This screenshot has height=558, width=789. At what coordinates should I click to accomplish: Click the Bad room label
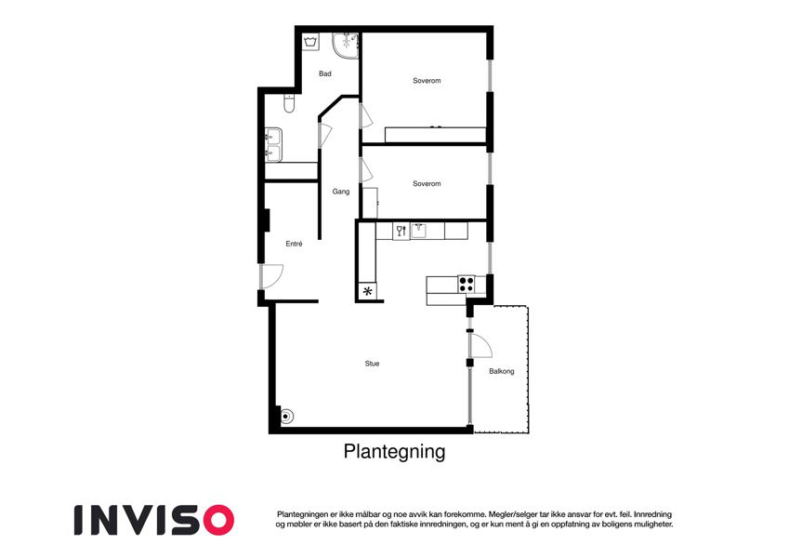coord(325,73)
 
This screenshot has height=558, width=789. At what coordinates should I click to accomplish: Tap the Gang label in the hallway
coord(341,192)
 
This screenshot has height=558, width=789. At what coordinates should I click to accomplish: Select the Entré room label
coord(294,244)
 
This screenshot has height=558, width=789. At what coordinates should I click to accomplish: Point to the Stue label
coord(372,364)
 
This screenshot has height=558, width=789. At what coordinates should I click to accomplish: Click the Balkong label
coord(502,371)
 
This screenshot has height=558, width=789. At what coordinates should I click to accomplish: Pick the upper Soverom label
coord(427,81)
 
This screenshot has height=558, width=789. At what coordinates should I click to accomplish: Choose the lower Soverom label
coord(427,184)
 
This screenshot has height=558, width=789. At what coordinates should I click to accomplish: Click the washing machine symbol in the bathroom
coord(310,42)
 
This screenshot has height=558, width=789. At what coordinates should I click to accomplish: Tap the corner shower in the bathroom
coord(345,46)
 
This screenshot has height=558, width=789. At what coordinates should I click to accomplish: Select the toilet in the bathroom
coord(289,103)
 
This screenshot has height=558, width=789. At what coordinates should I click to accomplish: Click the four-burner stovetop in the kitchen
coord(467,285)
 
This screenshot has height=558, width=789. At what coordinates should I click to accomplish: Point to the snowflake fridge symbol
coord(368,291)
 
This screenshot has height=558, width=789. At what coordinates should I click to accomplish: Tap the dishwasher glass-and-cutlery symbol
coord(401,232)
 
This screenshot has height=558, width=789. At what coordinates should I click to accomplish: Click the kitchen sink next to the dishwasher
coord(418,231)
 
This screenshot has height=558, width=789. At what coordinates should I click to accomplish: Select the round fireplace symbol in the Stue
coord(286,417)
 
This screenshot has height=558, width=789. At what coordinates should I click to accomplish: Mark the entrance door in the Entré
coord(272,276)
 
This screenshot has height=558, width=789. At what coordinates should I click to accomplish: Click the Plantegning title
coord(394,452)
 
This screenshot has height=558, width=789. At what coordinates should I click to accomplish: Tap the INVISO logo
coord(154,520)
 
